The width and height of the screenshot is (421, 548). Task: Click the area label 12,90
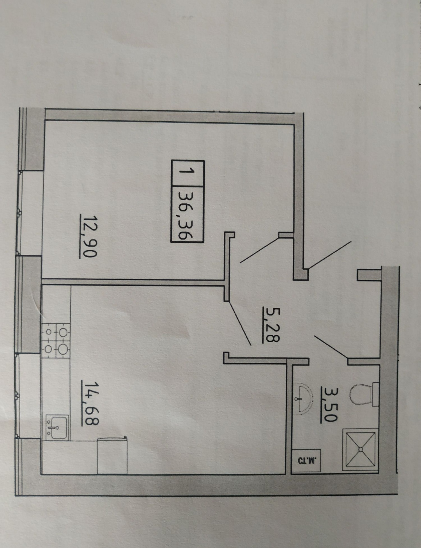pyautogui.click(x=88, y=236)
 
